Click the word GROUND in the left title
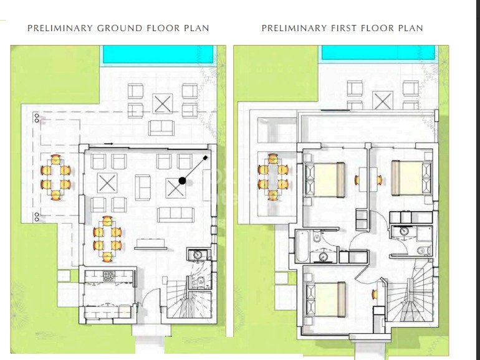[120, 28]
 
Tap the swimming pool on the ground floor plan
[158, 54]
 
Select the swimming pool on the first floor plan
[378, 52]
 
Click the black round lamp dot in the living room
[182, 181]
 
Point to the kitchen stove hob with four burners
[108, 276]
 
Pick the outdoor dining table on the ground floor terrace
[55, 178]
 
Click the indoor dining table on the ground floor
[107, 239]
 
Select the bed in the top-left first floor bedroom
[325, 179]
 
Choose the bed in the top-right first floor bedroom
[411, 178]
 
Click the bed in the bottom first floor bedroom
[326, 299]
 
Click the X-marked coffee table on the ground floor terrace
[163, 104]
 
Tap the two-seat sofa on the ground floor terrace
[161, 128]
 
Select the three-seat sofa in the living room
[176, 215]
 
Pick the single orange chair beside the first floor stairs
[375, 295]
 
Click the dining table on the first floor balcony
[273, 177]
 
